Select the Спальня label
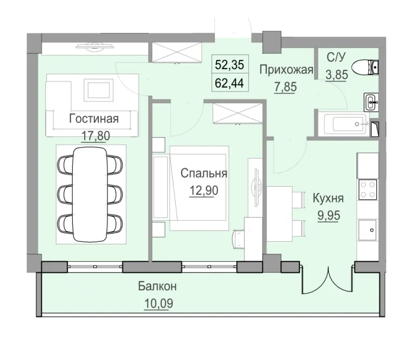[203, 174]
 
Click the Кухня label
[328, 199]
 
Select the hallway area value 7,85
[285, 86]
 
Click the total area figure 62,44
[230, 84]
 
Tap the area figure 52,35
[230, 65]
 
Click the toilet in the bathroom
[365, 67]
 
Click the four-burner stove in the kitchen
[369, 189]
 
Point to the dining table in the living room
[90, 193]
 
